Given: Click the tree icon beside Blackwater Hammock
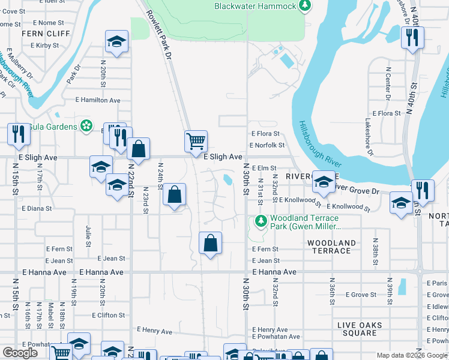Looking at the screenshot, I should point(306,6).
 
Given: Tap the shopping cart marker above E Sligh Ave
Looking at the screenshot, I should point(196,142).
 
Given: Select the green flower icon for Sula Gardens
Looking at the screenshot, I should point(86,126).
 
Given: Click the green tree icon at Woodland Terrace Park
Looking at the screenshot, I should point(261,221).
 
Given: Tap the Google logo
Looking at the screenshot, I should point(20,353).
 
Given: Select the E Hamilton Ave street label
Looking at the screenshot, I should point(98,101).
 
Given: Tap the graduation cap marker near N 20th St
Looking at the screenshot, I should point(116,41).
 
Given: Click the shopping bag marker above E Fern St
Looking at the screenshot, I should point(210,243).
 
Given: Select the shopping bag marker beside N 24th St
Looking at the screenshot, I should point(174,194).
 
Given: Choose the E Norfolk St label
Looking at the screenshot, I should point(267,145).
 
